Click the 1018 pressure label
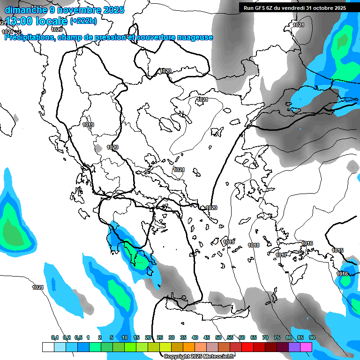[254, 245]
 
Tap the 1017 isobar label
[281, 255]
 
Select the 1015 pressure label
[337, 250]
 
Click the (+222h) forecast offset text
[83, 21]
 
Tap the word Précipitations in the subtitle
[29, 37]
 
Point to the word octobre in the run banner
[320, 8]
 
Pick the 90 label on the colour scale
[312, 338]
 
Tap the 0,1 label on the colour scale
[55, 338]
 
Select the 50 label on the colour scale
[218, 338]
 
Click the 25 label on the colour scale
[160, 338]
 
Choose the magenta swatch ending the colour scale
[306, 347]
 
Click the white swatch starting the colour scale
[48, 347]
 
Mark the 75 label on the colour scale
[277, 338]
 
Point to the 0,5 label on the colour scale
[78, 338]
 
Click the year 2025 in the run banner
[339, 8]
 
